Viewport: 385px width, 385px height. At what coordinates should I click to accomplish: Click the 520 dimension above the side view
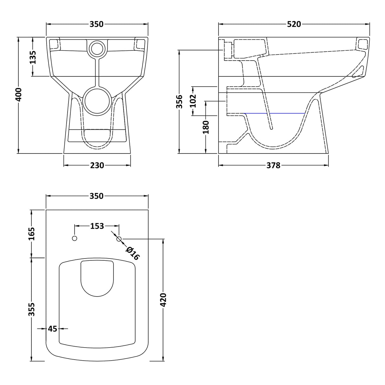point(294,24)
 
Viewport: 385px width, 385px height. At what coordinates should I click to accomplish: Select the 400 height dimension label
point(19,95)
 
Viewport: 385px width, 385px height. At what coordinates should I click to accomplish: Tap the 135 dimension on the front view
point(33,57)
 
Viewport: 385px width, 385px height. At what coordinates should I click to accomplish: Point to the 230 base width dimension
point(97,165)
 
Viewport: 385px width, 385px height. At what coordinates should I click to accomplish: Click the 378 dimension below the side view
point(273,165)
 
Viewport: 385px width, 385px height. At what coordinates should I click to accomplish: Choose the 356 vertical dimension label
point(180,101)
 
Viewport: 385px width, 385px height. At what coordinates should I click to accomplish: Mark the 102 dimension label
point(193,101)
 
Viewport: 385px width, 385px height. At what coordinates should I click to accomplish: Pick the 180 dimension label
point(206,127)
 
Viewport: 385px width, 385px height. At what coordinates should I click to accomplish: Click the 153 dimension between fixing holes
point(97,226)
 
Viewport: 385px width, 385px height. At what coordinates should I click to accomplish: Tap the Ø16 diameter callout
point(132,253)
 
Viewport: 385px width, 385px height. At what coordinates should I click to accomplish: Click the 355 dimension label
point(32,309)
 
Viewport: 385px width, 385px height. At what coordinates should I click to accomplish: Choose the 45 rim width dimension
point(52,329)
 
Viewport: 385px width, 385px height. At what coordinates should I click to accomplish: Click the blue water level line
point(274,113)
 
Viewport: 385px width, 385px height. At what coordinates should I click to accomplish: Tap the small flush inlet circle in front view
point(97,48)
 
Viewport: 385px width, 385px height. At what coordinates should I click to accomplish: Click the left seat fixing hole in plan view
point(75,238)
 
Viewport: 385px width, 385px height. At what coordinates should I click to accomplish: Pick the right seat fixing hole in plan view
point(119,239)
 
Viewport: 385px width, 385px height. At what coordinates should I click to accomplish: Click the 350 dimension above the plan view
point(97,196)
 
